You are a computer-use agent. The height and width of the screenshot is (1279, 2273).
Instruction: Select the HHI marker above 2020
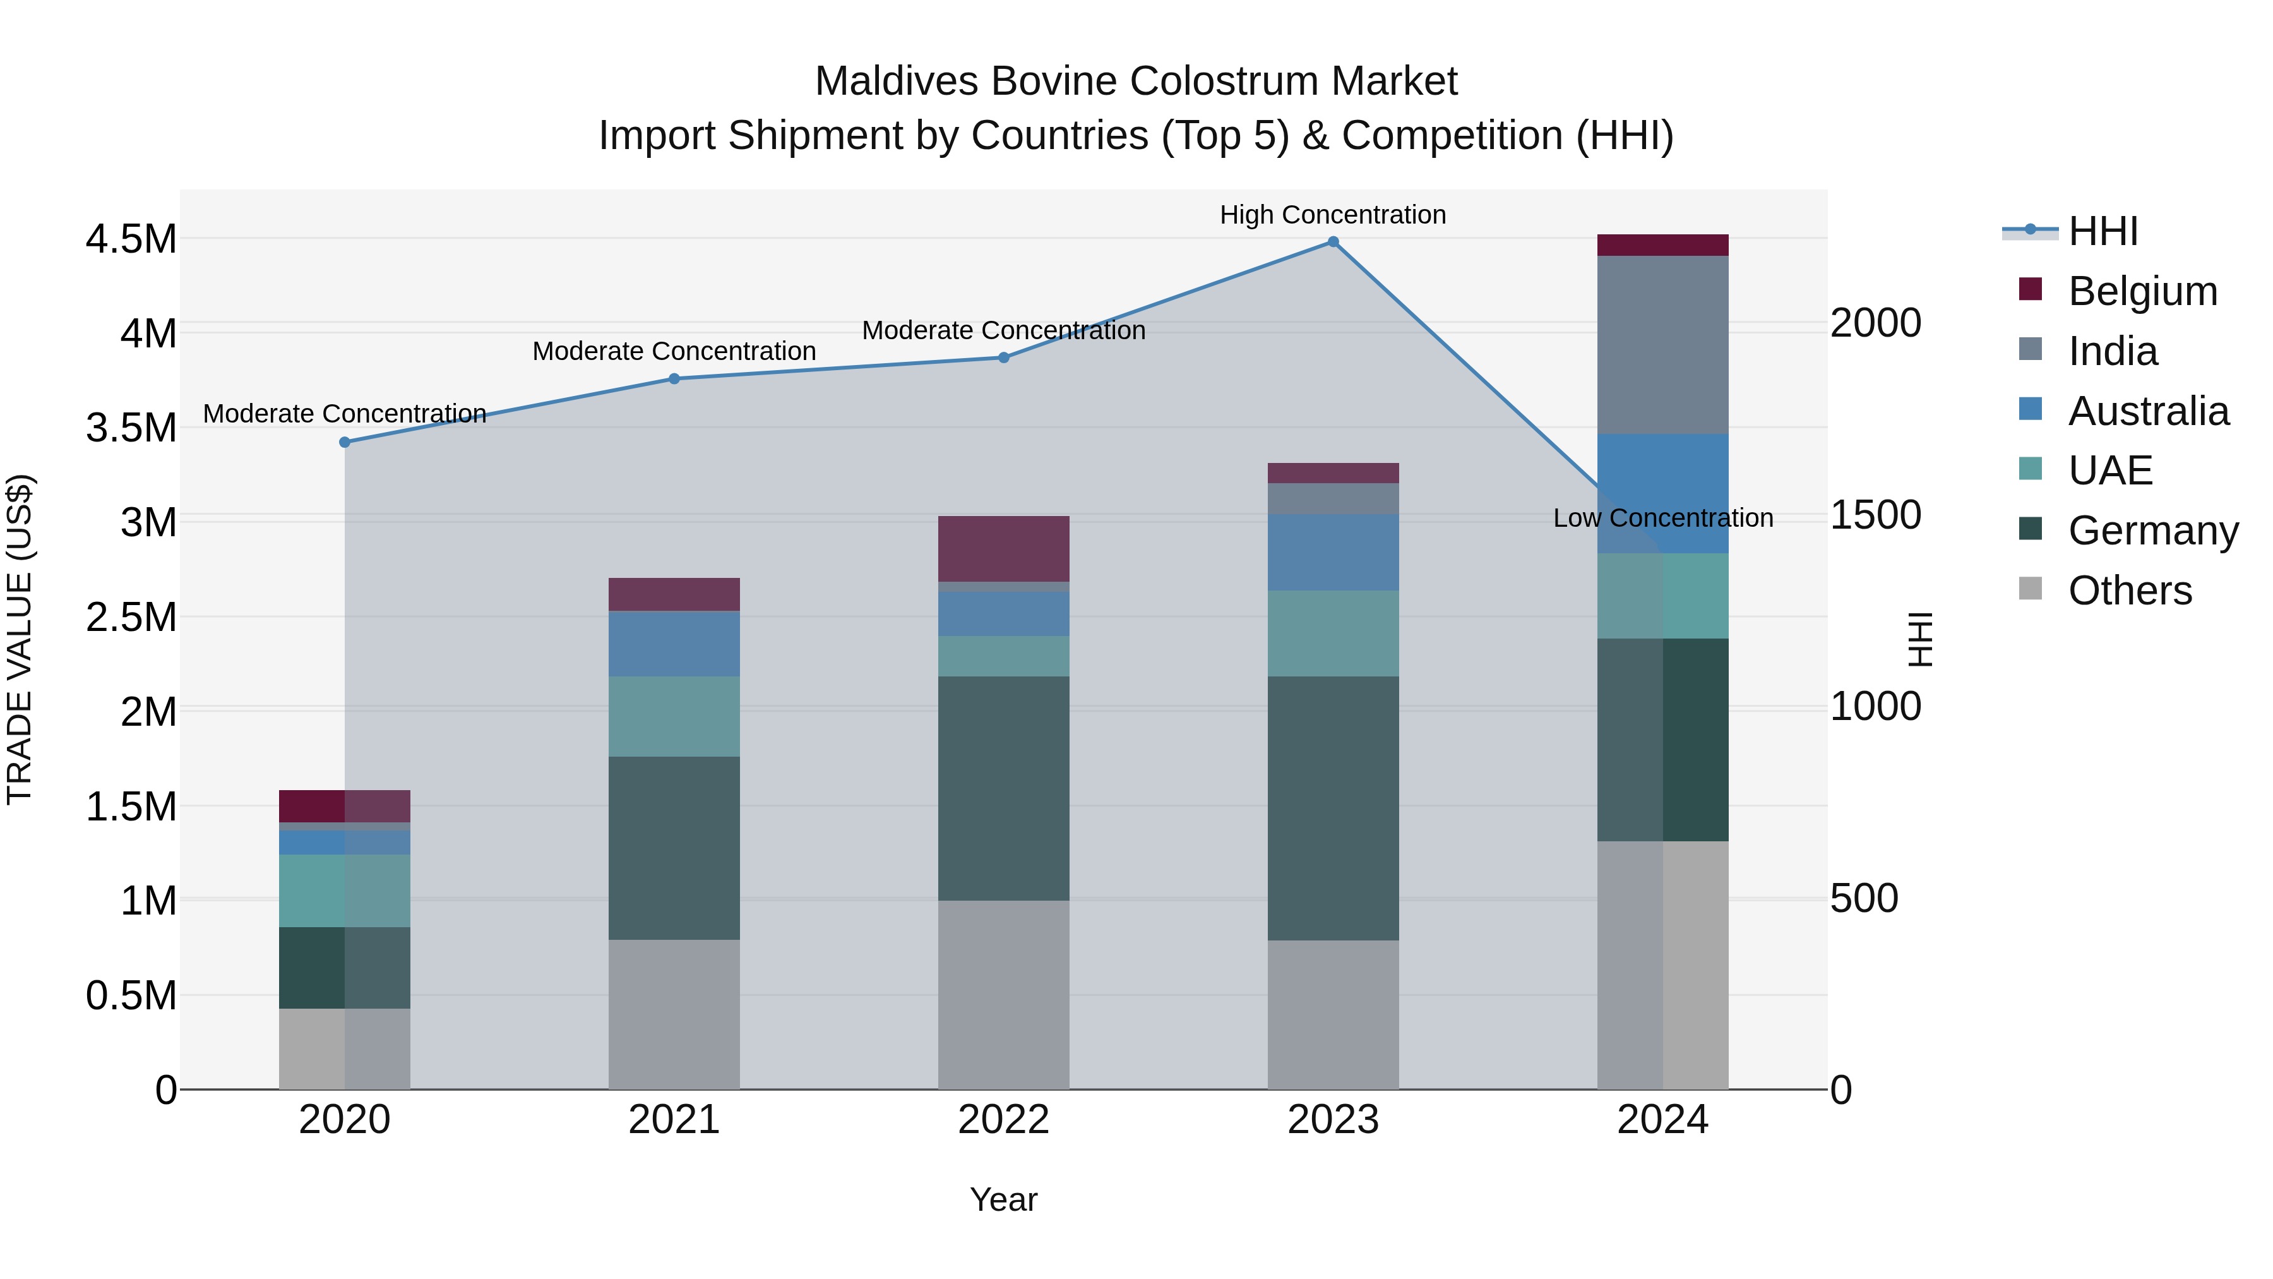tap(345, 442)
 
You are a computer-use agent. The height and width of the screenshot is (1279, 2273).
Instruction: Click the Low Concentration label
tap(1662, 518)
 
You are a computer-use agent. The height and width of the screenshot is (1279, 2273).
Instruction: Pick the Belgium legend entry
tap(2142, 291)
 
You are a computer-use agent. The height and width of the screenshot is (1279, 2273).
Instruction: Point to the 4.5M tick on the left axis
tap(131, 239)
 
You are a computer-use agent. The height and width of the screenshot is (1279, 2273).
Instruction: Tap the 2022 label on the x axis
tap(1003, 1120)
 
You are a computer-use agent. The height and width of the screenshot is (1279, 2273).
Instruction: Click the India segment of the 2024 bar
tap(1662, 344)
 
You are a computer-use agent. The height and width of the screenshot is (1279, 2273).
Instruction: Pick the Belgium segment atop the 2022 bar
tap(1003, 548)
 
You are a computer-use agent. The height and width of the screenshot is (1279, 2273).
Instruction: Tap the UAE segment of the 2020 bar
tap(344, 890)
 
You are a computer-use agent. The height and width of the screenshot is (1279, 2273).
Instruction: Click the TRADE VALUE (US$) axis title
tap(20, 639)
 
